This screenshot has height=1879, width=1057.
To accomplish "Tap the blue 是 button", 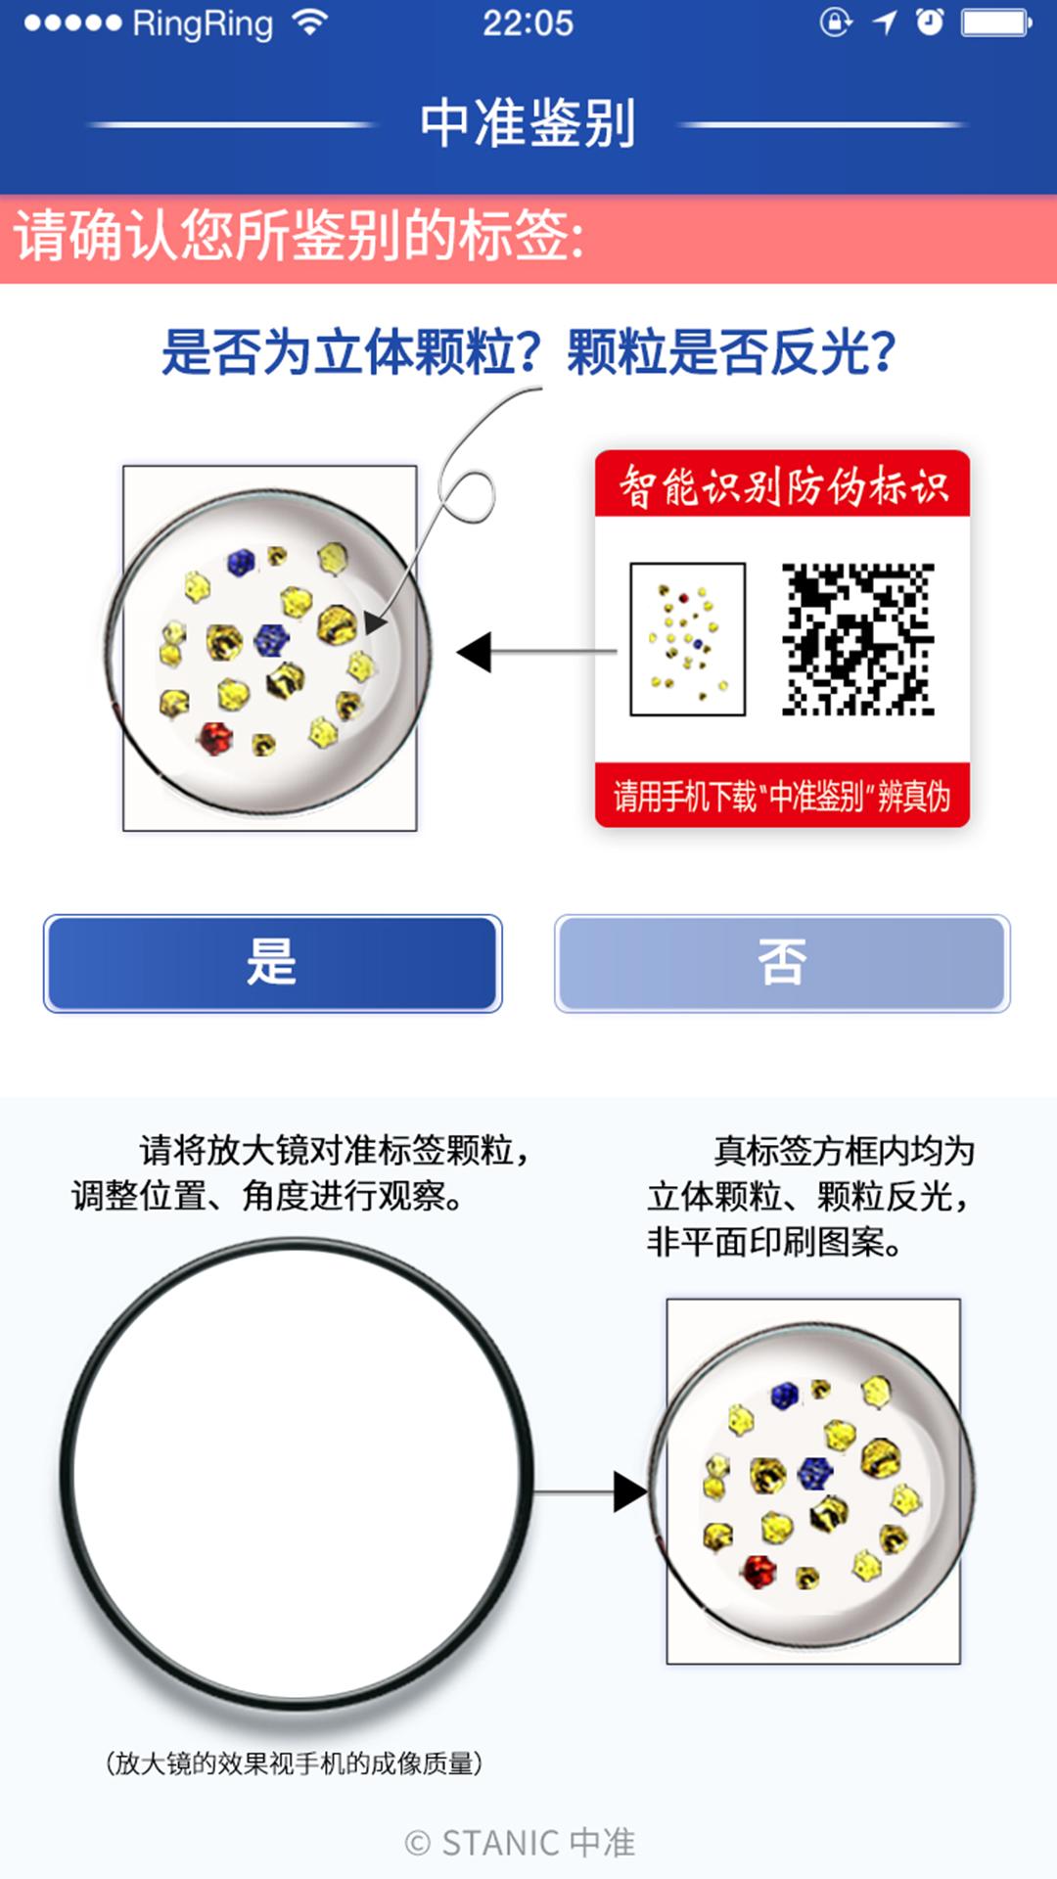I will pyautogui.click(x=272, y=963).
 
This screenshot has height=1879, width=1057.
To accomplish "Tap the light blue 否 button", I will pyautogui.click(x=782, y=963).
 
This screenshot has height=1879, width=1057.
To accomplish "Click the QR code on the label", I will pyautogui.click(x=857, y=639).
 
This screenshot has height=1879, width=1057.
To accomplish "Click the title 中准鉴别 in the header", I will pyautogui.click(x=528, y=123).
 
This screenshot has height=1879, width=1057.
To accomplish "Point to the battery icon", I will pyautogui.click(x=995, y=23).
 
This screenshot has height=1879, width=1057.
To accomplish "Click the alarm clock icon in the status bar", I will pyautogui.click(x=930, y=23).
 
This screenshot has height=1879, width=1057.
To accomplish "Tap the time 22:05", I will pyautogui.click(x=528, y=23).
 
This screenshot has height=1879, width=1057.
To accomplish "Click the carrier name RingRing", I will pyautogui.click(x=203, y=23).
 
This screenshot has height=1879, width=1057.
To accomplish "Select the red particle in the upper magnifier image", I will pyautogui.click(x=214, y=736).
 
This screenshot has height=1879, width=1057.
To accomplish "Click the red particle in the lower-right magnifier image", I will pyautogui.click(x=758, y=1571).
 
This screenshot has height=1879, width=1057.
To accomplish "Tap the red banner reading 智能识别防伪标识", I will pyautogui.click(x=782, y=484).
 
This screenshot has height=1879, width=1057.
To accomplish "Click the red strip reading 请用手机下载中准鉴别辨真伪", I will pyautogui.click(x=782, y=796).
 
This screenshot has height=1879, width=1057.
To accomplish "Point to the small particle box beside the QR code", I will pyautogui.click(x=687, y=639).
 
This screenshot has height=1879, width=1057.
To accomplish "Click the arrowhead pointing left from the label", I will pyautogui.click(x=476, y=652).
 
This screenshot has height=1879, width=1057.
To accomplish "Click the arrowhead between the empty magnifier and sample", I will pyautogui.click(x=628, y=1491).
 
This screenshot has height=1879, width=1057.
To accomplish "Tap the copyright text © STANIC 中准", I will pyautogui.click(x=520, y=1843).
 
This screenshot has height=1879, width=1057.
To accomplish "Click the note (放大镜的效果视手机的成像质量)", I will pyautogui.click(x=294, y=1764).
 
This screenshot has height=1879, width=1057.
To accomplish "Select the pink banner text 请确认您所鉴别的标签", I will pyautogui.click(x=299, y=238).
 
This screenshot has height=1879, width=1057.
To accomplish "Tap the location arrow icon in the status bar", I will pyautogui.click(x=885, y=23).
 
